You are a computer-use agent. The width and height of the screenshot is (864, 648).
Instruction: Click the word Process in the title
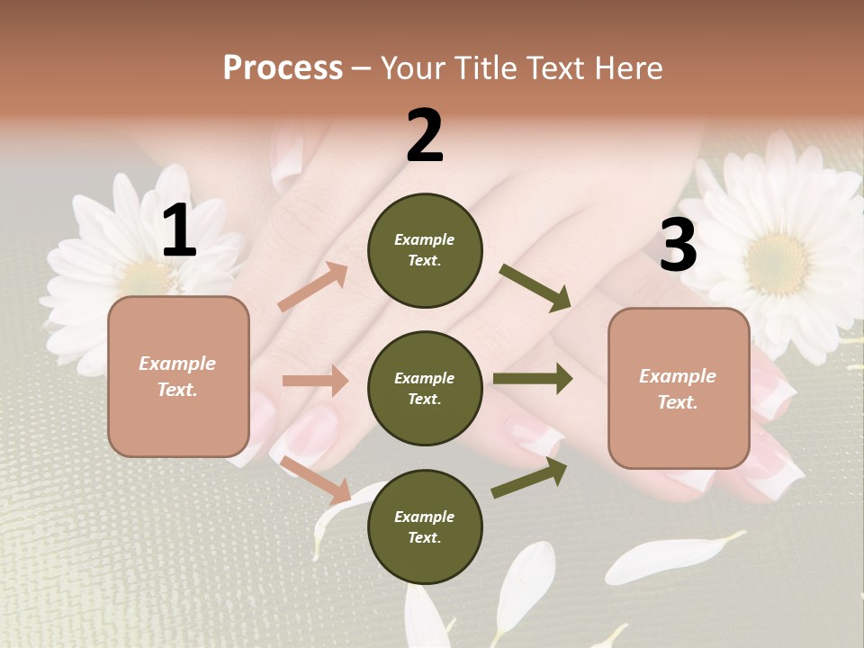click(283, 67)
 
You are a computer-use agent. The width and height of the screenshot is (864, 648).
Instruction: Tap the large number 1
click(179, 231)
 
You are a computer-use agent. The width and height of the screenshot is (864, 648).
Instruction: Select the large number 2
click(425, 136)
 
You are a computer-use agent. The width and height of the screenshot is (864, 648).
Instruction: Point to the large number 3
click(678, 245)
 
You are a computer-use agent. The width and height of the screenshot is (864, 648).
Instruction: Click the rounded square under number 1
click(178, 376)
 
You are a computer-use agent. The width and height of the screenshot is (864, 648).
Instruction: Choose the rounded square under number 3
click(679, 388)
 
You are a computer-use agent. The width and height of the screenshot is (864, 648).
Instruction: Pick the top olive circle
click(425, 250)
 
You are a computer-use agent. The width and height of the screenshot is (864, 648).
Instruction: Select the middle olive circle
click(425, 388)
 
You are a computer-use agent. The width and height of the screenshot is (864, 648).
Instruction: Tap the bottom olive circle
click(425, 526)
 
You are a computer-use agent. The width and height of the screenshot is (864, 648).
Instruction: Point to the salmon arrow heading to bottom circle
click(315, 480)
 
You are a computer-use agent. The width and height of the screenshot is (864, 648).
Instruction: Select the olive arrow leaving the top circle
click(535, 288)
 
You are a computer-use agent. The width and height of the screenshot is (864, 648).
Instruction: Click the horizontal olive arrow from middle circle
click(533, 379)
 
